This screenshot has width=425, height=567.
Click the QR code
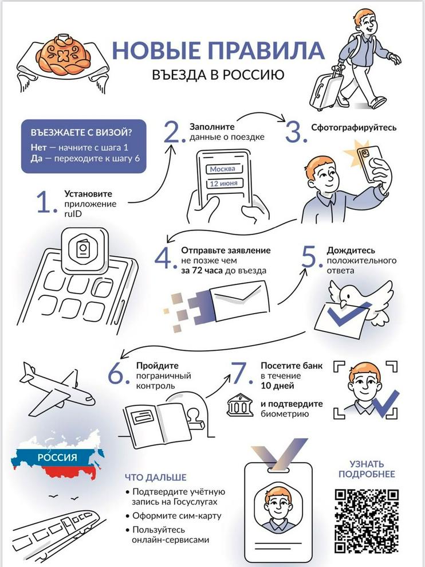pos(367,521)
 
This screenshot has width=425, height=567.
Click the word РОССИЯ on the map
pos(57,457)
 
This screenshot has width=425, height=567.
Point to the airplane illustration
pos(57,388)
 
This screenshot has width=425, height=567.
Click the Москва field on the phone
pos(223,169)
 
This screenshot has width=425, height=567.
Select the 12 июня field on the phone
pos(224,183)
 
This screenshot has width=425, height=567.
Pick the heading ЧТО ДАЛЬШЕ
pos(156,478)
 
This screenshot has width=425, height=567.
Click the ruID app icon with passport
pos(85,251)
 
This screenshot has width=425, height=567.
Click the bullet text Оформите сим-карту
pos(177,515)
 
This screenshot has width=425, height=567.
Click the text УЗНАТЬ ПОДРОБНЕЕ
pos(367,469)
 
